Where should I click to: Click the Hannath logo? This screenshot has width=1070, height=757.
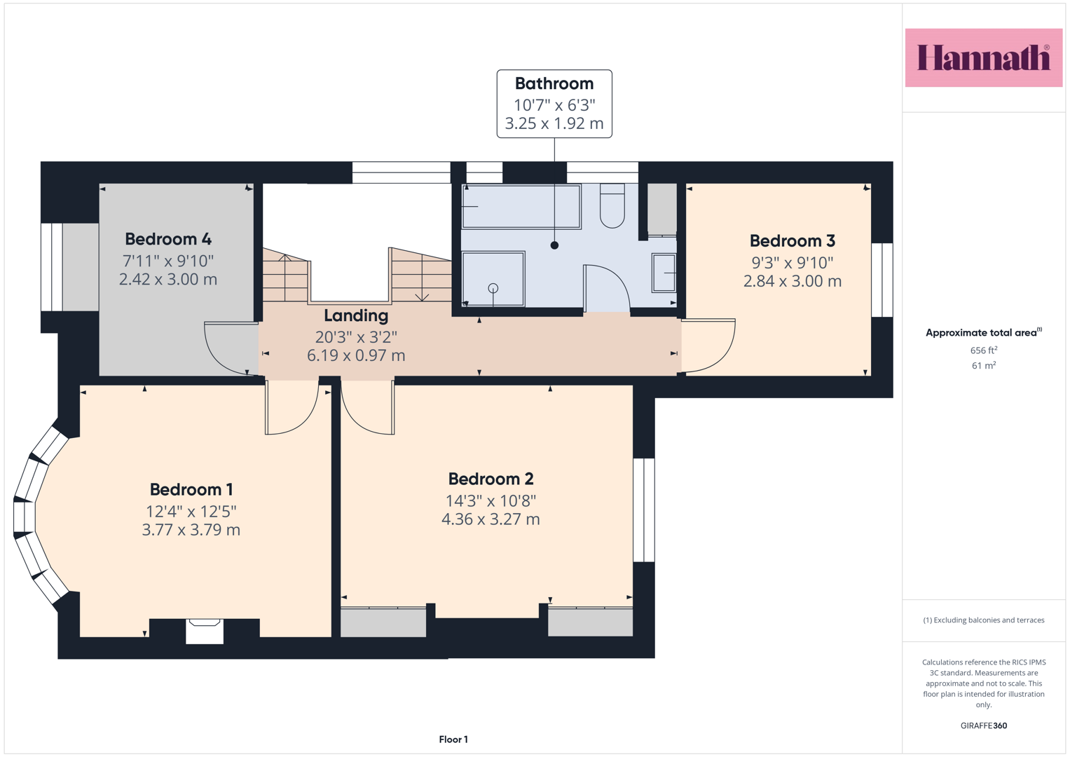click(x=984, y=57)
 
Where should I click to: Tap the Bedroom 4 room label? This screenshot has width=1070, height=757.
click(x=168, y=238)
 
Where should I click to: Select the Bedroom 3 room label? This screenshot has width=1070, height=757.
click(x=793, y=240)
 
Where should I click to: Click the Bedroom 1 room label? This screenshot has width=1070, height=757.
click(x=191, y=489)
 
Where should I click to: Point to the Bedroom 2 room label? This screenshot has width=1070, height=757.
click(x=491, y=478)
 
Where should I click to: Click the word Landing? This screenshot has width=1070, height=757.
click(x=356, y=315)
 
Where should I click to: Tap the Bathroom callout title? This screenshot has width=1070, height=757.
click(x=554, y=83)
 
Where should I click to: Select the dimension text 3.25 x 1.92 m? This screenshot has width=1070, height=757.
click(x=554, y=123)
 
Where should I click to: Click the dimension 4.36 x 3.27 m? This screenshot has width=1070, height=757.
click(x=491, y=519)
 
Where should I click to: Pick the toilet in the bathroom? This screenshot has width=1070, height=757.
click(x=612, y=207)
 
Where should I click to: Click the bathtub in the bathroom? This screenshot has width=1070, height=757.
click(x=521, y=207)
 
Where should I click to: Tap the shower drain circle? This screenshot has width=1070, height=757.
click(x=493, y=288)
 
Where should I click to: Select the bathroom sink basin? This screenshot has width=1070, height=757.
click(x=664, y=273)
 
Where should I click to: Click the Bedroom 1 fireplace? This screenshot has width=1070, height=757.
click(x=205, y=631)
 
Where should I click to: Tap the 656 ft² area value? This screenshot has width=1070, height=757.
click(x=984, y=350)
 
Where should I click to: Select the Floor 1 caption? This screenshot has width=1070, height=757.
click(x=453, y=739)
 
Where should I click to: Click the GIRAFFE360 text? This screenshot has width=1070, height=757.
click(x=984, y=725)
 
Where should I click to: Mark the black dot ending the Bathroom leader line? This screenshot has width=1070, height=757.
click(x=554, y=245)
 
